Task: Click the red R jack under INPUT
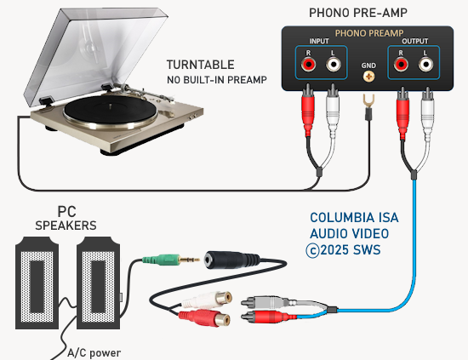click(x=308, y=64)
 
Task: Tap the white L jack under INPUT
click(x=333, y=64)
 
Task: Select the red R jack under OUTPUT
click(x=401, y=64)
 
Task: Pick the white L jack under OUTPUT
click(x=425, y=64)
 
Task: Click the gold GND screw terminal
click(x=369, y=77)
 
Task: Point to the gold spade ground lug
click(x=368, y=101)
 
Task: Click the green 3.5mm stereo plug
click(x=171, y=260)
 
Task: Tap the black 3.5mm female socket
click(x=231, y=260)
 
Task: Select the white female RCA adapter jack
click(x=207, y=300)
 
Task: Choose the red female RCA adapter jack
click(x=205, y=318)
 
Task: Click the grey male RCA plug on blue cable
click(x=269, y=303)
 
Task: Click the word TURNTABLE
click(x=201, y=65)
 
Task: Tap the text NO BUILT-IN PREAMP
click(x=217, y=80)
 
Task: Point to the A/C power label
click(x=94, y=353)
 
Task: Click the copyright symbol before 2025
click(x=312, y=250)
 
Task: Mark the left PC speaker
click(x=37, y=283)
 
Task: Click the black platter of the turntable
click(x=111, y=110)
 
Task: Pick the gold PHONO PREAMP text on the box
click(x=369, y=33)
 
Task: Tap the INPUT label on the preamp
click(x=319, y=41)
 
